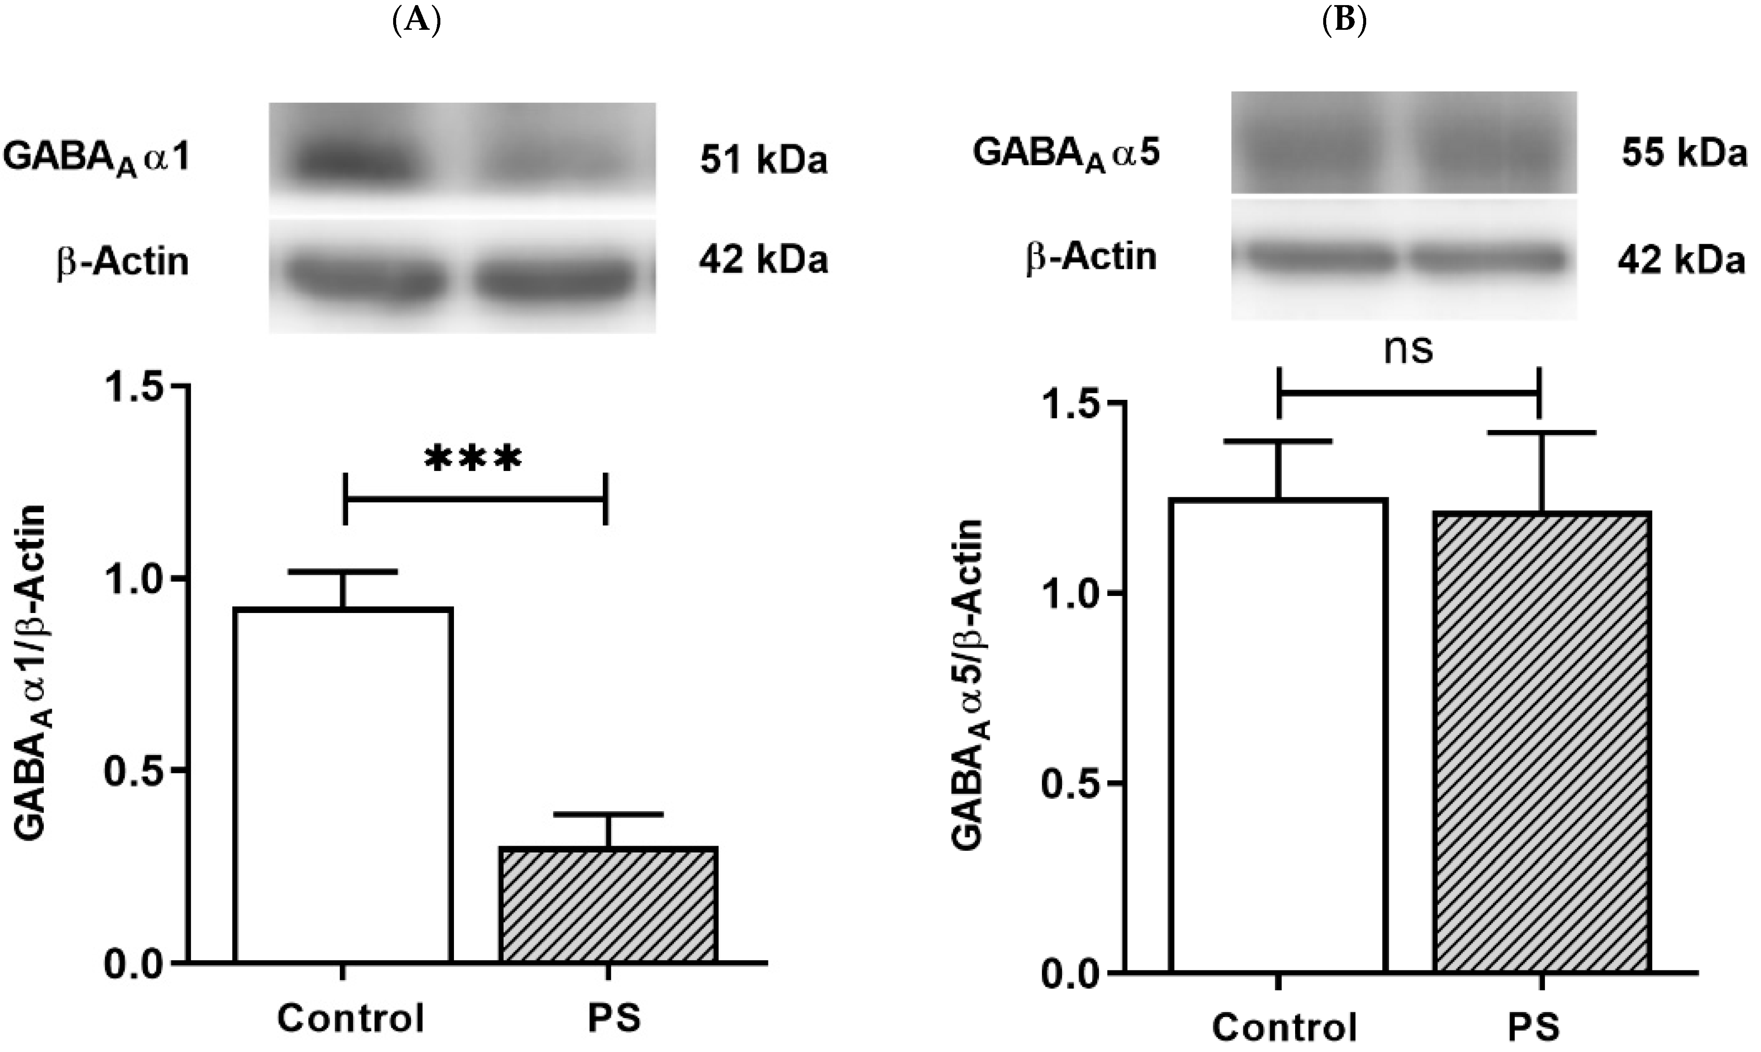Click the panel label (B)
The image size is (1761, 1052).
point(1345,21)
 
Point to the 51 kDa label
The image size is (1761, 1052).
point(764,161)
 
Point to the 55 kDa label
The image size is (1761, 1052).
point(1684,154)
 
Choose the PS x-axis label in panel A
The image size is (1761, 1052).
point(614,1017)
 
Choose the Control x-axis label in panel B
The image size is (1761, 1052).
point(1284,1025)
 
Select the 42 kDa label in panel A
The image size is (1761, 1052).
point(764,261)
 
